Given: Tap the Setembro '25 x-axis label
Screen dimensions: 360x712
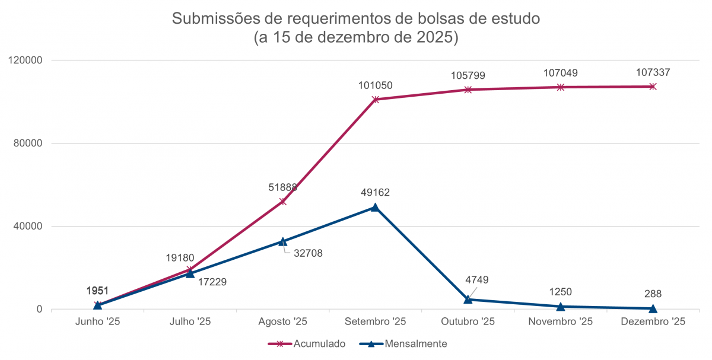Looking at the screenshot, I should tap(375, 322).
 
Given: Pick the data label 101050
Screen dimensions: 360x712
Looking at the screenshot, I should tap(375, 85).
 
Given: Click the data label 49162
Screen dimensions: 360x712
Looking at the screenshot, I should tap(375, 193).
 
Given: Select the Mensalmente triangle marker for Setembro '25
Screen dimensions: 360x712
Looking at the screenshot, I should tap(375, 207).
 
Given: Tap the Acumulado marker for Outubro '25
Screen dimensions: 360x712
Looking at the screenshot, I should tap(468, 90).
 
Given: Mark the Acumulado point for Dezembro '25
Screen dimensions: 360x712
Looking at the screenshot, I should tap(653, 87).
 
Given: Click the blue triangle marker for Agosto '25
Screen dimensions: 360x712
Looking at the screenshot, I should tap(282, 241).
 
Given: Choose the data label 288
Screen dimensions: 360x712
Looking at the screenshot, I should tap(653, 294).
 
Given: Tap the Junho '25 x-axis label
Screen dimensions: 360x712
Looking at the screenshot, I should tap(97, 322).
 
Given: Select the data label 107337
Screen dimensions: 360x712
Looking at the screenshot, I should tap(653, 73).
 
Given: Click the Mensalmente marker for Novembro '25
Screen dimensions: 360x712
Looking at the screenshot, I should tap(561, 307).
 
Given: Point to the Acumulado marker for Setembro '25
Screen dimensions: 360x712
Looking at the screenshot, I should tap(375, 100).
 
